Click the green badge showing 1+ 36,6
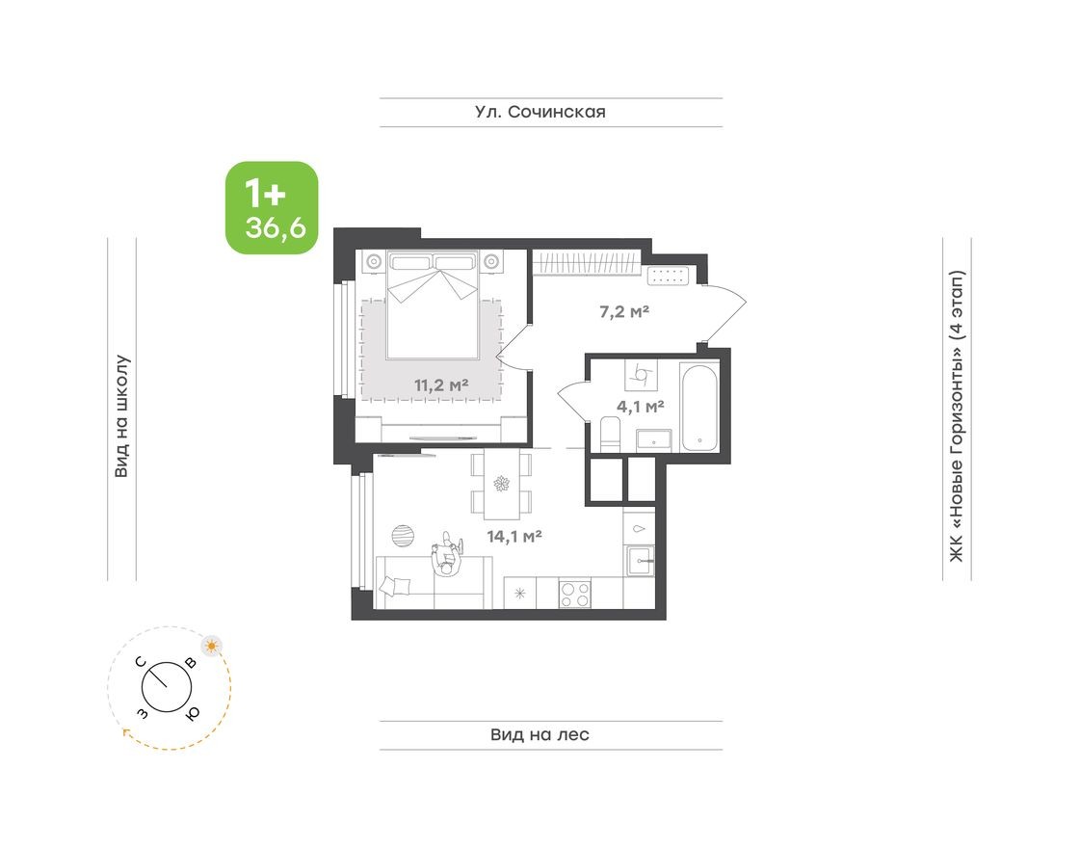(x=272, y=208)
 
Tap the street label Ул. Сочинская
(x=540, y=112)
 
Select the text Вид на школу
(x=122, y=416)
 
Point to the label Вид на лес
(x=540, y=735)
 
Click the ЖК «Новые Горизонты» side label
(x=956, y=416)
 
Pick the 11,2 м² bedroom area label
(x=441, y=384)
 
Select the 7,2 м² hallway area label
(x=622, y=312)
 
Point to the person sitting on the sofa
(x=445, y=556)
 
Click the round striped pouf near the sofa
(x=404, y=535)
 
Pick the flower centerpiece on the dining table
(x=501, y=485)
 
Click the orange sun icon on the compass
(x=211, y=645)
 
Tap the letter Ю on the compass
(x=193, y=712)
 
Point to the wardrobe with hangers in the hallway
(x=585, y=261)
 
